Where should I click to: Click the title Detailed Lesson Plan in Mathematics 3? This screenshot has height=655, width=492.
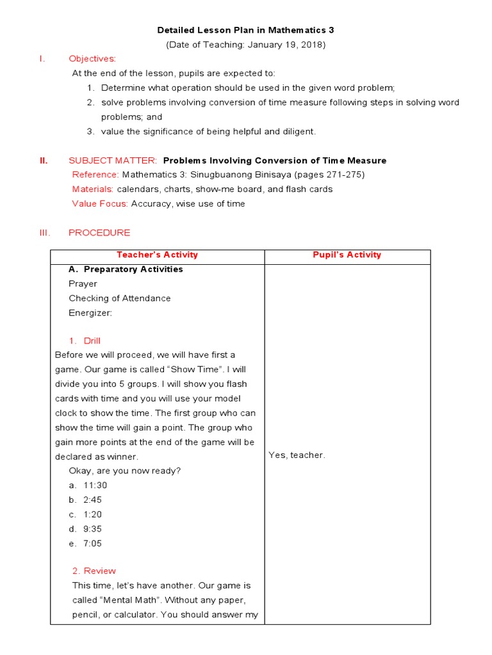[x=246, y=30]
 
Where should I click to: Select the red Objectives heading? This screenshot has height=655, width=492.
[x=92, y=59]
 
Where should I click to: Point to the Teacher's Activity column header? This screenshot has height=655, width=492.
[x=157, y=255]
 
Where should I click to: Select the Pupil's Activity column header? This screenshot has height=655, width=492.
[x=347, y=255]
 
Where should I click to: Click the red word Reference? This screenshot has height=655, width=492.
[x=95, y=175]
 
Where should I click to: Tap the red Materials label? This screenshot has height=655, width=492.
[x=92, y=189]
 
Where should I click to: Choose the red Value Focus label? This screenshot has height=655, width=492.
[x=99, y=203]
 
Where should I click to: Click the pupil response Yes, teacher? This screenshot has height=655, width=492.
[x=297, y=455]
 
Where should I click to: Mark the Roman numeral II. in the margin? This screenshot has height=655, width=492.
[x=44, y=161]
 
